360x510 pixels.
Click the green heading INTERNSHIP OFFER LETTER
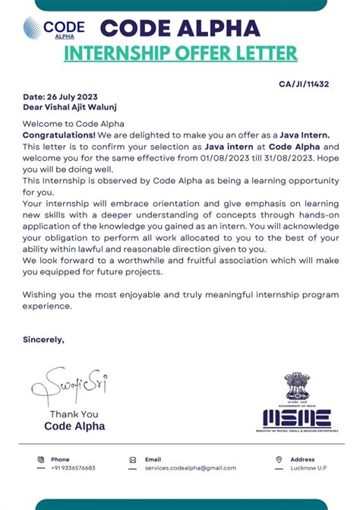click(180, 53)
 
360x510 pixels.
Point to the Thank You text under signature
click(74, 414)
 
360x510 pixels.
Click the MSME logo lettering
click(297, 417)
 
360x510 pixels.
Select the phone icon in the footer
click(40, 460)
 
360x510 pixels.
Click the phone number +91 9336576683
click(73, 468)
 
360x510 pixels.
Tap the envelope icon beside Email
click(133, 460)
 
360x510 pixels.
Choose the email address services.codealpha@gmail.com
click(185, 468)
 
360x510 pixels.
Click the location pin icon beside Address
click(279, 460)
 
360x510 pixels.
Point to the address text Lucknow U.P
click(308, 468)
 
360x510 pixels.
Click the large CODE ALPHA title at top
click(180, 28)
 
